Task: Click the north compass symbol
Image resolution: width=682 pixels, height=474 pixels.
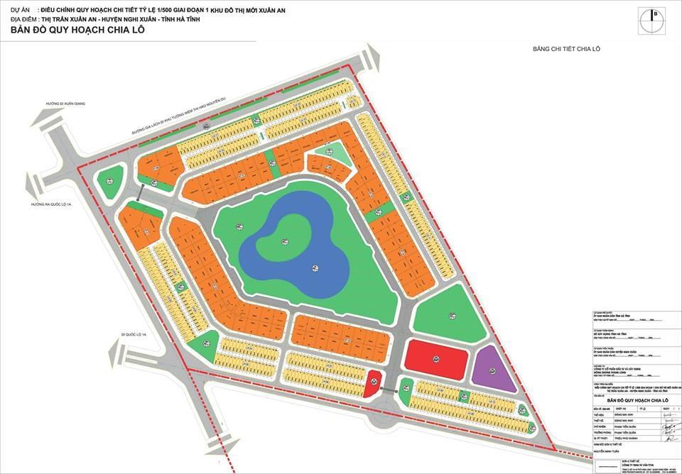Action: tap(654, 20)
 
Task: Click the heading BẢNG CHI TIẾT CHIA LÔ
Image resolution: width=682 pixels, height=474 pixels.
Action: tap(566, 48)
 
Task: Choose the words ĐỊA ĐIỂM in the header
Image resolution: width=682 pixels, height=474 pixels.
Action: tap(26, 19)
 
